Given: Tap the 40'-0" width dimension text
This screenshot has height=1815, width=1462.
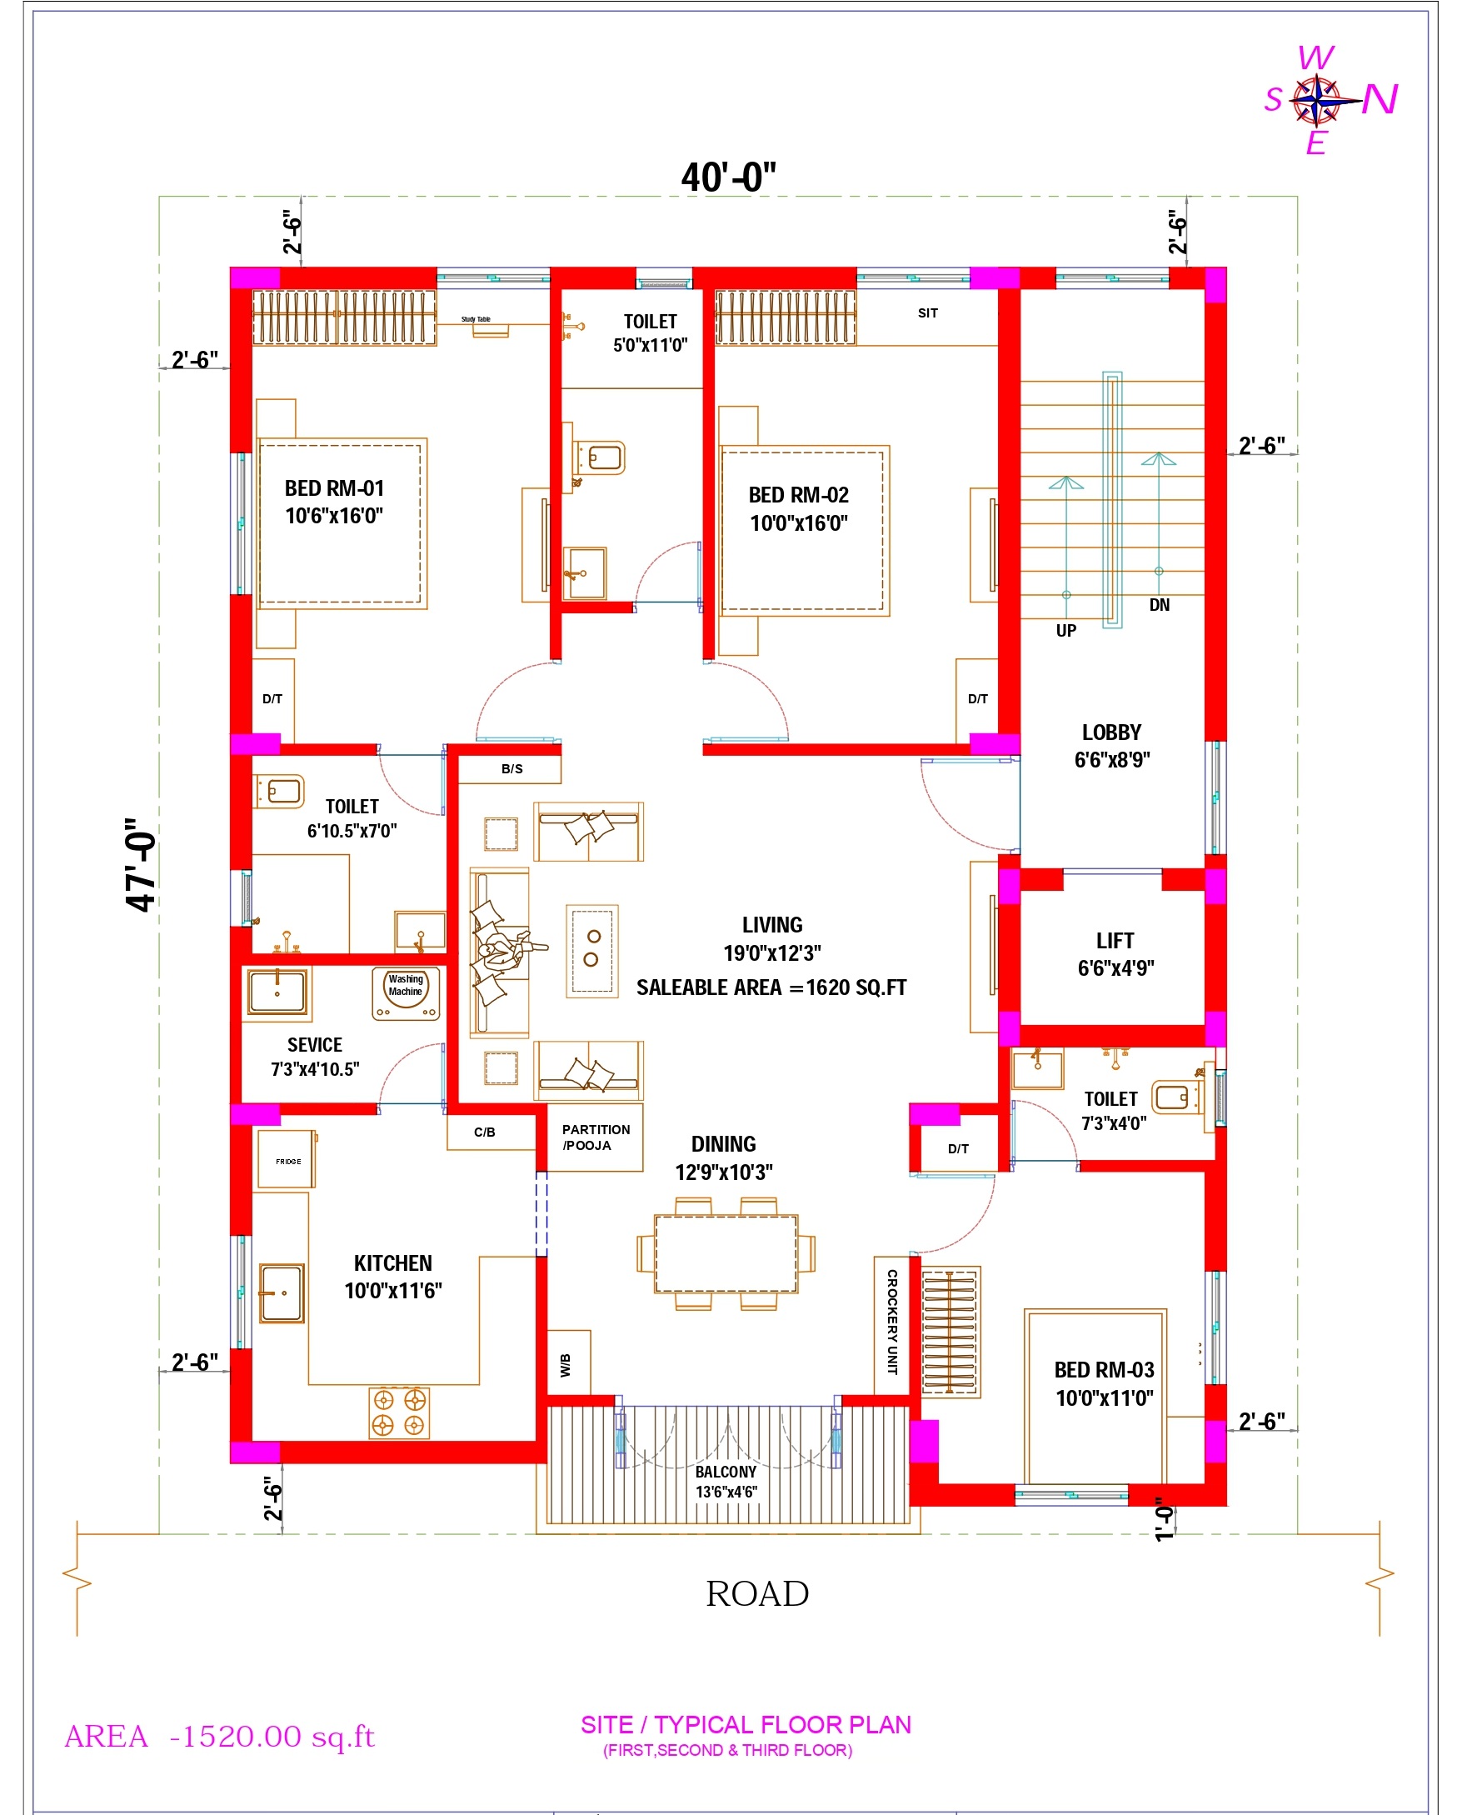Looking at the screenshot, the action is [728, 177].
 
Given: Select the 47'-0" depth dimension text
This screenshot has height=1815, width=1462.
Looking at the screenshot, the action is [141, 864].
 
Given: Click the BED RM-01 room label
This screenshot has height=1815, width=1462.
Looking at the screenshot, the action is [334, 488].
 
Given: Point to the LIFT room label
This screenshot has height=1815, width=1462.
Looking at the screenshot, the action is [1115, 941].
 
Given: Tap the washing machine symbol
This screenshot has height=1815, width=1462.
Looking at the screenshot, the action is [406, 994].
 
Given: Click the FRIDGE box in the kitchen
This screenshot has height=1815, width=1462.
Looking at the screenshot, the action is [287, 1159].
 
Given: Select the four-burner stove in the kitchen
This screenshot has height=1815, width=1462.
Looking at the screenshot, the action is [399, 1412].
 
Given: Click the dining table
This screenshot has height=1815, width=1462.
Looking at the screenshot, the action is [726, 1254].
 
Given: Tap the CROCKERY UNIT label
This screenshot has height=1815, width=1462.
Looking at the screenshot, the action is [892, 1322].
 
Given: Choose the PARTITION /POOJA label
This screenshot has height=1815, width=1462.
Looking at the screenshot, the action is [596, 1137].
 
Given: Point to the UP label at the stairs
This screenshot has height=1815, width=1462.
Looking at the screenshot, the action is [1066, 631].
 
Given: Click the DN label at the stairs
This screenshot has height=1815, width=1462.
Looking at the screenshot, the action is [1160, 605].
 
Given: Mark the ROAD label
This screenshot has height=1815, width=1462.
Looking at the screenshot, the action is [757, 1593].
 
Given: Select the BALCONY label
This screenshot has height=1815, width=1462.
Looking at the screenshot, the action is [726, 1472].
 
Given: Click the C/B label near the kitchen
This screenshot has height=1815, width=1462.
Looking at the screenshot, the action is [484, 1132].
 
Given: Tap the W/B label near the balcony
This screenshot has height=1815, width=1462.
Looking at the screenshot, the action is [565, 1365].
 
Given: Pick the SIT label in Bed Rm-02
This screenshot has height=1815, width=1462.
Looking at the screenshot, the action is [928, 313].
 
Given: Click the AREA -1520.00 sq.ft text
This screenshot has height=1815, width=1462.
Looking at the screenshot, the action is [219, 1736].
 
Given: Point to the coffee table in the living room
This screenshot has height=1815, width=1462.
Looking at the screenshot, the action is [592, 951].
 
